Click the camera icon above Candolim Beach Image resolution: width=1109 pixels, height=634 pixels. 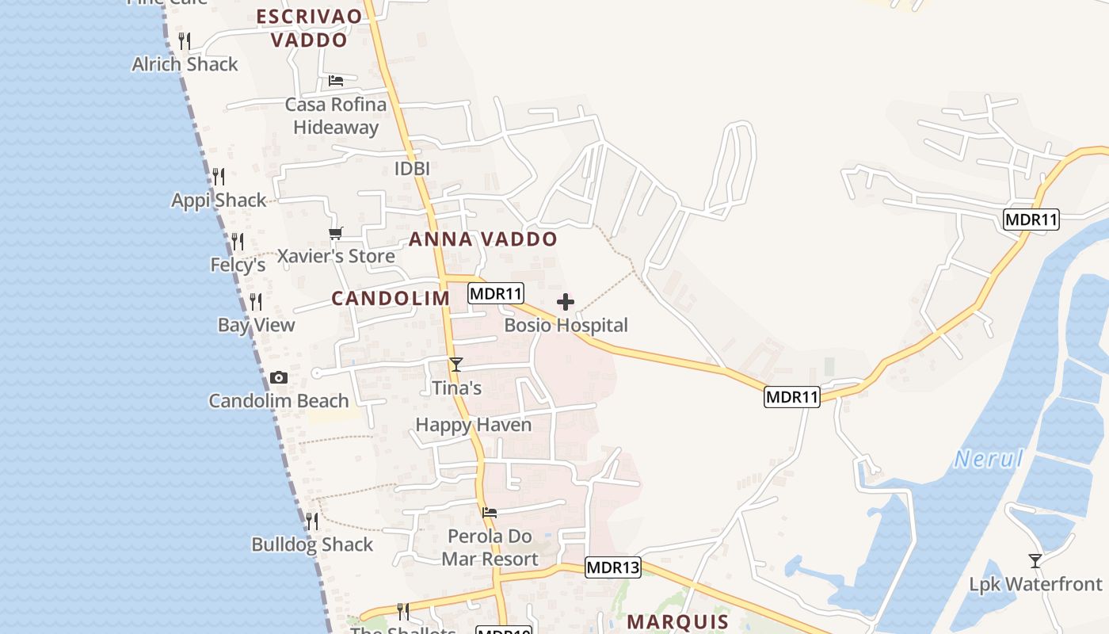[x=279, y=378]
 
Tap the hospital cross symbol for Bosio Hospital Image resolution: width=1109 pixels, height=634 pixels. [x=566, y=302]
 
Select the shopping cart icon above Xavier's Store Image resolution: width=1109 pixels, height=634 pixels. [x=336, y=233]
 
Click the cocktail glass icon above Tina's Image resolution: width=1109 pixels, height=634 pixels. [x=455, y=365]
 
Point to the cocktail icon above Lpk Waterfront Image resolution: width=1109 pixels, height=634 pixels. [x=1035, y=561]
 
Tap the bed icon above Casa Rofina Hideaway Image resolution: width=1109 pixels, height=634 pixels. [x=336, y=81]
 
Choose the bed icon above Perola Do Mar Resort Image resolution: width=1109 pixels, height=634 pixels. [x=490, y=513]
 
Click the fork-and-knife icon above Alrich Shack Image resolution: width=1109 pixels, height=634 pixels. [x=185, y=40]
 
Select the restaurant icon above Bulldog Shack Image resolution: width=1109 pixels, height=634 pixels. [x=312, y=521]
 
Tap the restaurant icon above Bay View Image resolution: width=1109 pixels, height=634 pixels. [x=255, y=301]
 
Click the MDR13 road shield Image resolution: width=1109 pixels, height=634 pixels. [x=613, y=567]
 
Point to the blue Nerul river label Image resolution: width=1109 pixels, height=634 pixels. [x=989, y=459]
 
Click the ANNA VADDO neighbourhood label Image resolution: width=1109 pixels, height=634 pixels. [x=483, y=239]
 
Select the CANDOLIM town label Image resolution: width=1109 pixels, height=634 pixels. [x=391, y=299]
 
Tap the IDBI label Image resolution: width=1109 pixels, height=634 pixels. [x=412, y=169]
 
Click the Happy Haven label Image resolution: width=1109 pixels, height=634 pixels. [x=474, y=425]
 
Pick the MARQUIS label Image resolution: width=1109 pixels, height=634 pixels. [x=677, y=621]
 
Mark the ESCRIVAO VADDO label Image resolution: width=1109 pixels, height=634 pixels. [x=309, y=28]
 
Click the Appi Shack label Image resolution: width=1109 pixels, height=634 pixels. [x=219, y=201]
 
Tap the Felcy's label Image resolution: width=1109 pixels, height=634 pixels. [x=238, y=265]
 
